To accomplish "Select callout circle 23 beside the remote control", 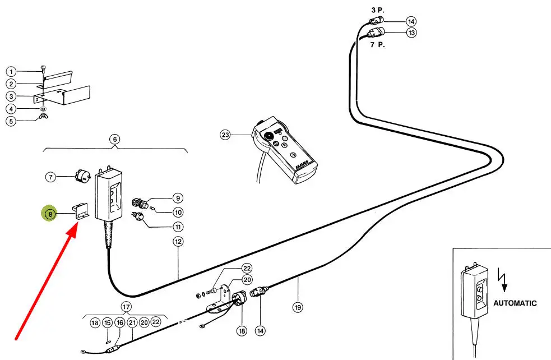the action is (225, 135).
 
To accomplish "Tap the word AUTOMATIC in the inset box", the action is (515, 303).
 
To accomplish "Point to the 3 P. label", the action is (378, 10).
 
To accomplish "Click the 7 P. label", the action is (377, 45).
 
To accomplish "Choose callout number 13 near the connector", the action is (411, 33).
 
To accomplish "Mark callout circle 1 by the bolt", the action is (11, 72).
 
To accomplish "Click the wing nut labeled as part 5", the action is (44, 116).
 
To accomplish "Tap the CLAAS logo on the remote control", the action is (302, 165).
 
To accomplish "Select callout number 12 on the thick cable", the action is (178, 242).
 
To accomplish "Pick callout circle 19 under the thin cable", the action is (298, 308).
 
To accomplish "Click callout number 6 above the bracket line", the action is (115, 139).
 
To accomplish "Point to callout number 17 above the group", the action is (126, 307).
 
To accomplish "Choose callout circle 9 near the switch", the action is (178, 199).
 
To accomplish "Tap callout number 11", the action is (178, 227).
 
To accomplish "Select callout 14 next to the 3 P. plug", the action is (411, 21).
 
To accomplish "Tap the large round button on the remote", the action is (270, 135).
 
